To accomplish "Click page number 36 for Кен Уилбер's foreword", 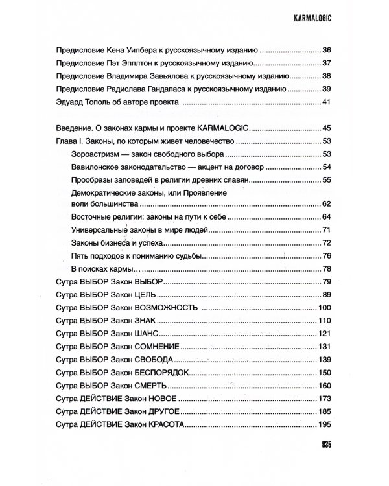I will pos(326,50).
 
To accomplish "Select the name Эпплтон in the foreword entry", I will pos(137,64).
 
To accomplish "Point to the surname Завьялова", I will pos(163,76).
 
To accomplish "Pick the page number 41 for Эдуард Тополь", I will pos(326,102).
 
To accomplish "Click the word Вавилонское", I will pos(96,167).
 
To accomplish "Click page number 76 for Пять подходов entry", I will pos(326,255).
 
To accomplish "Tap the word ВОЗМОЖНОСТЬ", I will pos(167,307).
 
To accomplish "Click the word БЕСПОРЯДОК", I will pos(165,372).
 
